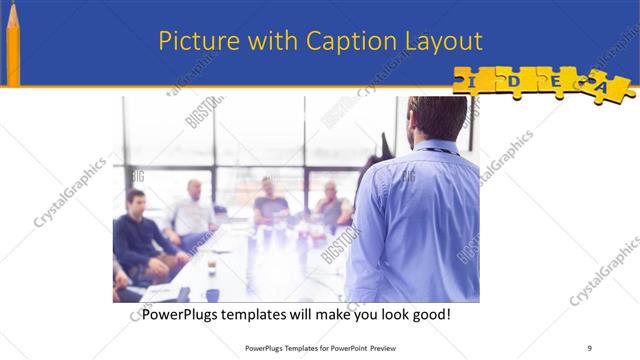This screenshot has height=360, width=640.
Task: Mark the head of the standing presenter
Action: [x=437, y=118]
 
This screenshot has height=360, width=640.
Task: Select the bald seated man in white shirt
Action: [x=193, y=210]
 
